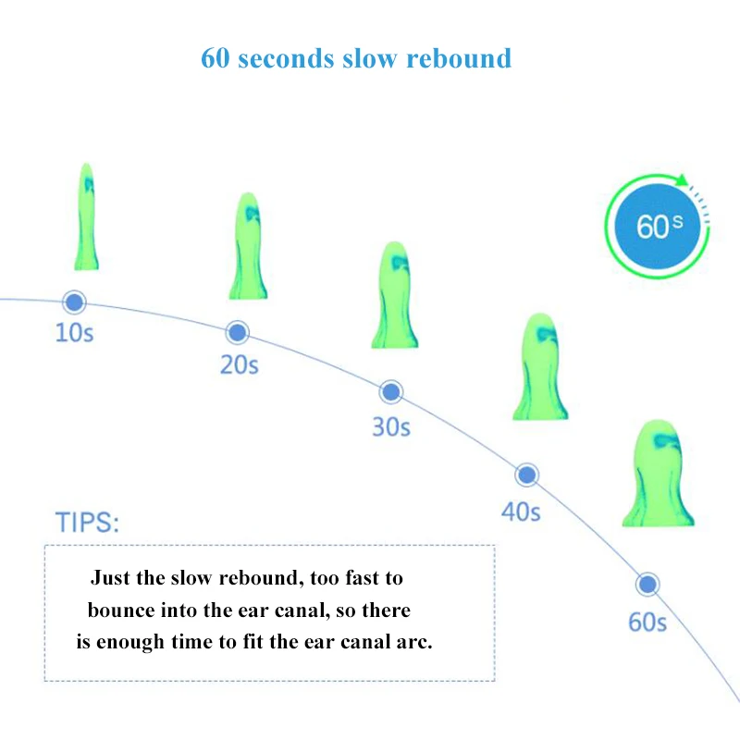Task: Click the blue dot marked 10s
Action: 74,302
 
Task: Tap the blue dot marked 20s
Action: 238,332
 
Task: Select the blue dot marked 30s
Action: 392,391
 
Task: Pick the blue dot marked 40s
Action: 526,475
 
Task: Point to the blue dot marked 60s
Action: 647,585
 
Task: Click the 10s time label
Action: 75,333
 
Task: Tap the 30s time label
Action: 391,427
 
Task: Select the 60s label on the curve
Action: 647,622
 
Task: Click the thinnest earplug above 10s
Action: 87,217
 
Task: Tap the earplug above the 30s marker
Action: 395,296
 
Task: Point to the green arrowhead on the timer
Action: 684,181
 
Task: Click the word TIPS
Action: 88,522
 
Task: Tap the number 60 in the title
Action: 216,58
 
